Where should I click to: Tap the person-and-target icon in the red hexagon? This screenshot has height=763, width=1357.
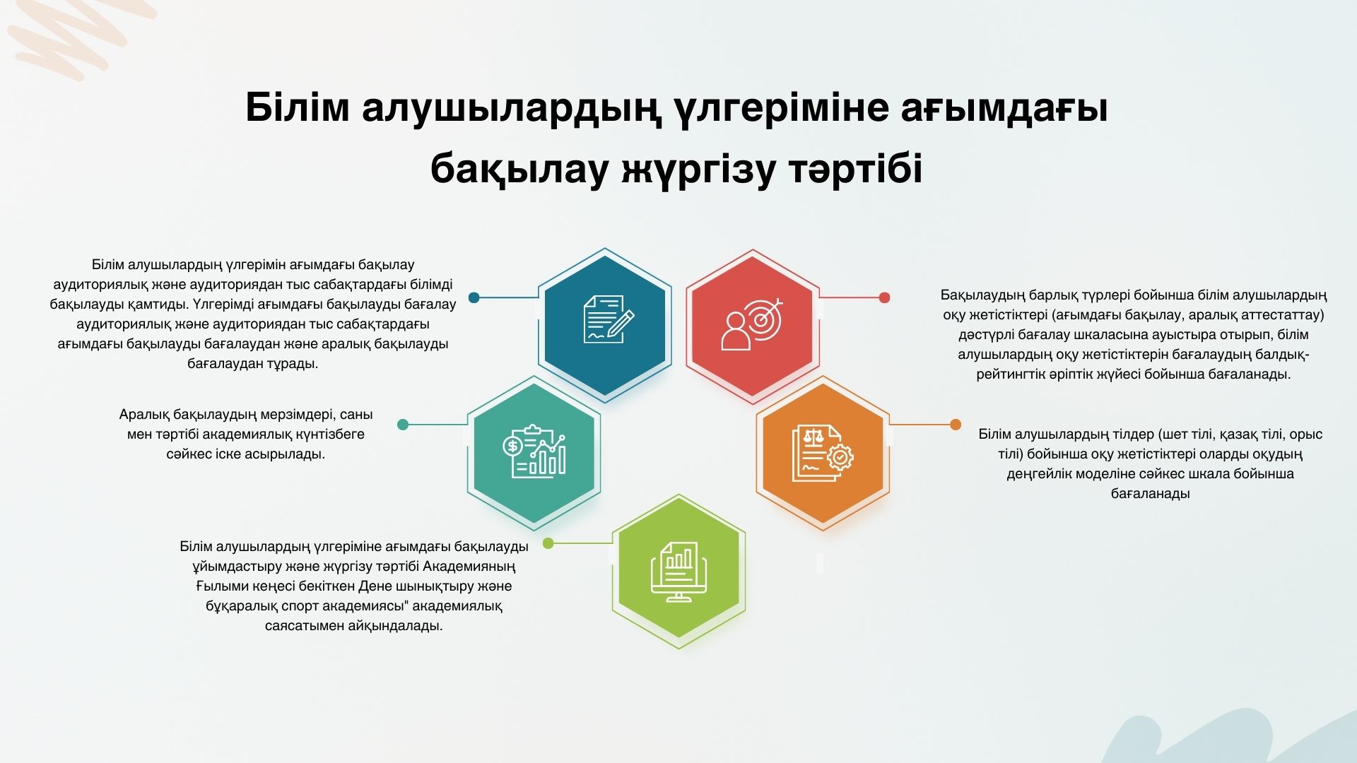[x=752, y=324]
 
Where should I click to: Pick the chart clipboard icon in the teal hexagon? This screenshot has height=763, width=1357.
[x=534, y=451]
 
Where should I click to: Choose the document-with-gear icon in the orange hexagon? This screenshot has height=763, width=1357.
[x=822, y=453]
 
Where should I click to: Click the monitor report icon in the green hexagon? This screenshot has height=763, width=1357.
[x=678, y=572]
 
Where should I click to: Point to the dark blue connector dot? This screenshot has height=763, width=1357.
[x=474, y=298]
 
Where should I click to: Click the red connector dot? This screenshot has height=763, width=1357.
[x=884, y=298]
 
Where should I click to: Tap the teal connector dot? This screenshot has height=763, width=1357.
[x=403, y=425]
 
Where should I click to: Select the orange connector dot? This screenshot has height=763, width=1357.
[x=956, y=425]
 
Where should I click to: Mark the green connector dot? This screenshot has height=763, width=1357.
[x=548, y=543]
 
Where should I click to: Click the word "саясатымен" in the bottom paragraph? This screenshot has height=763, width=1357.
[x=303, y=626]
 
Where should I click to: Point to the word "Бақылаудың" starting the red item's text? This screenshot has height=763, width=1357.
[x=982, y=295]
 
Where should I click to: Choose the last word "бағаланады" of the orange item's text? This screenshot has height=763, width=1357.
[x=1150, y=494]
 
